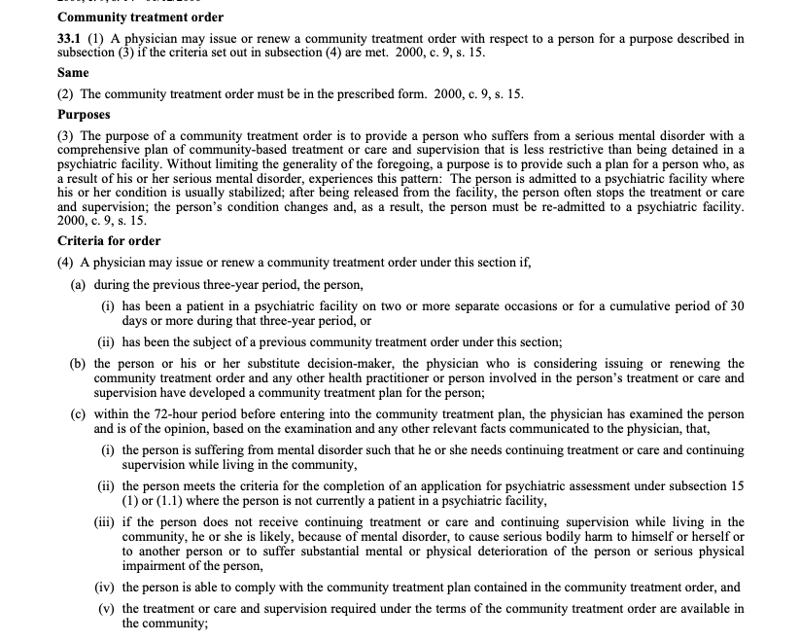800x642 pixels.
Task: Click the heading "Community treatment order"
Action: click(x=141, y=18)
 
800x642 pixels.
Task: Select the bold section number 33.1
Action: click(x=72, y=39)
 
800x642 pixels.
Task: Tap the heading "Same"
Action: click(x=73, y=73)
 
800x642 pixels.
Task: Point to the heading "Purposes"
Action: click(x=84, y=114)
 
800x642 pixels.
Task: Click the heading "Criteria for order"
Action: click(x=109, y=240)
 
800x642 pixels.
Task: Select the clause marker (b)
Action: click(x=78, y=364)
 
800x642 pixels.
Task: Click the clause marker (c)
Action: click(x=78, y=413)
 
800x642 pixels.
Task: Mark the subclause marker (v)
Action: click(x=108, y=609)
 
